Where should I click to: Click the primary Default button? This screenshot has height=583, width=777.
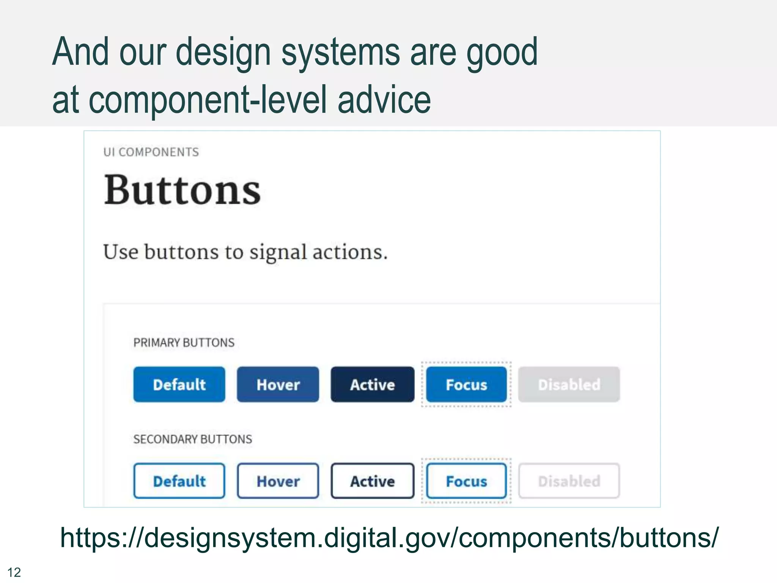pyautogui.click(x=179, y=384)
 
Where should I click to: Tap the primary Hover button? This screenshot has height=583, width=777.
pyautogui.click(x=278, y=384)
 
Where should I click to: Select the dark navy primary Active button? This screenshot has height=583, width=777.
pyautogui.click(x=372, y=384)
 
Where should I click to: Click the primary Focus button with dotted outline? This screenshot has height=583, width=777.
pyautogui.click(x=466, y=384)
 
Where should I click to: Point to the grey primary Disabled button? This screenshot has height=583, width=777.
pyautogui.click(x=569, y=384)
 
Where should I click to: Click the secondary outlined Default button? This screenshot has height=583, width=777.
pyautogui.click(x=179, y=481)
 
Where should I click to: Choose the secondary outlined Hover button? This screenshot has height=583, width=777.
pyautogui.click(x=278, y=481)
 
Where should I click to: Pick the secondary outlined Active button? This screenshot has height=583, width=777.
pyautogui.click(x=372, y=481)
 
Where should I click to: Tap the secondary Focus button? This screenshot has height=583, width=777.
pyautogui.click(x=466, y=481)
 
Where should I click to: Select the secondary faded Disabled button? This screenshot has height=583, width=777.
pyautogui.click(x=569, y=481)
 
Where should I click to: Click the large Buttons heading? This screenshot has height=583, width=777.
pyautogui.click(x=182, y=190)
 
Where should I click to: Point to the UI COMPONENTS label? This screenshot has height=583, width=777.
pyautogui.click(x=151, y=152)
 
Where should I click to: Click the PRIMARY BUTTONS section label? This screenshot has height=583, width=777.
pyautogui.click(x=184, y=343)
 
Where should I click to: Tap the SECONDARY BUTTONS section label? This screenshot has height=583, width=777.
pyautogui.click(x=192, y=439)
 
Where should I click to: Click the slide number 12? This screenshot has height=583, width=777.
pyautogui.click(x=14, y=572)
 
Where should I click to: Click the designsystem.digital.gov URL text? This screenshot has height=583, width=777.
pyautogui.click(x=389, y=537)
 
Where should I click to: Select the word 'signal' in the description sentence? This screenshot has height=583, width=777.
pyautogui.click(x=278, y=252)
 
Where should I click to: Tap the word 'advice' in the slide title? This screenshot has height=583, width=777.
pyautogui.click(x=384, y=100)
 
